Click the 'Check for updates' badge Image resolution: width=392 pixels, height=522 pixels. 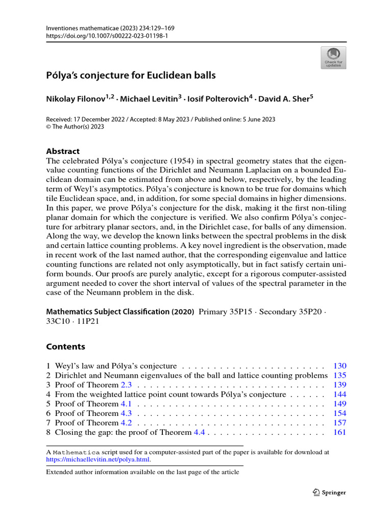point(333,58)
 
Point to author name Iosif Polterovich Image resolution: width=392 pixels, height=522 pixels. point(217,99)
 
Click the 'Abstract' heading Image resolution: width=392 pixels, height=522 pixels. point(63,151)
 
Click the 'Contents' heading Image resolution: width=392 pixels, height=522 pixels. point(65,347)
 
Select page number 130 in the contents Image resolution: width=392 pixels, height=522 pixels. point(339,366)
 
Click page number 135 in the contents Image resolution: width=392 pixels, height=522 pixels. point(339,375)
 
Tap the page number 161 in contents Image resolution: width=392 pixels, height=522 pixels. point(339,432)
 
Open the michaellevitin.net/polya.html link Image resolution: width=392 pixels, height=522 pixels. point(99,459)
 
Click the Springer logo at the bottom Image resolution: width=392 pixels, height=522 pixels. point(329,492)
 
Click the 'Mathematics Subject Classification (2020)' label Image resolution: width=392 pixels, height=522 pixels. point(120,311)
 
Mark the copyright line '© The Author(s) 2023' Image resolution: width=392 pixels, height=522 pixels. point(75,126)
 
